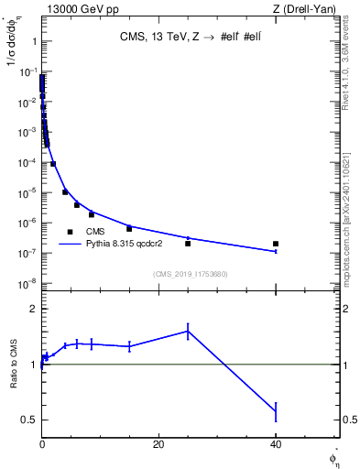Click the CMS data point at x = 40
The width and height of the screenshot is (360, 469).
(x=276, y=244)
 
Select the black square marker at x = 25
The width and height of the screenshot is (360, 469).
(x=188, y=243)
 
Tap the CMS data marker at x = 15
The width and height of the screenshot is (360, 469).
(x=129, y=228)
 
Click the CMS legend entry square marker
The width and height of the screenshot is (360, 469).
(x=70, y=232)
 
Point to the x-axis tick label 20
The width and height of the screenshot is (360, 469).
(x=158, y=444)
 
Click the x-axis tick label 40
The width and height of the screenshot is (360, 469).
(x=275, y=444)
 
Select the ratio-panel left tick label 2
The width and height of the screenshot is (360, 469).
(x=32, y=309)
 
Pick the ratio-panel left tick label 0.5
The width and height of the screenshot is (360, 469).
(x=29, y=420)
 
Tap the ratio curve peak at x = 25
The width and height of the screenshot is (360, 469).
(x=188, y=331)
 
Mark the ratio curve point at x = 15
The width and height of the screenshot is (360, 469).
(x=129, y=345)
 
